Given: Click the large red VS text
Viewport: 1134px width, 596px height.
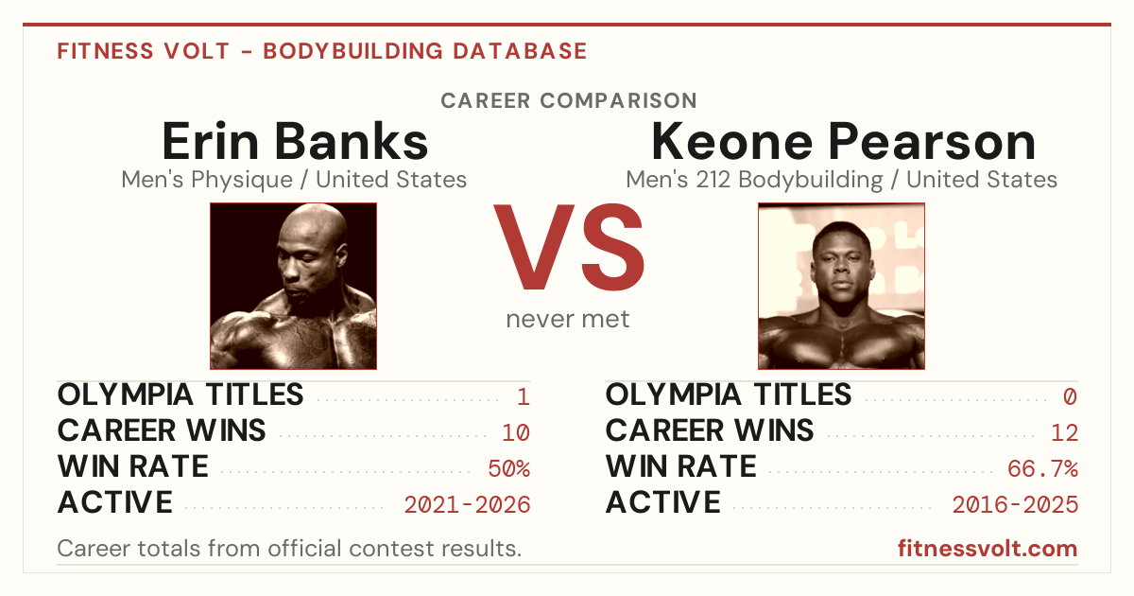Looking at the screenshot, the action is [569, 247].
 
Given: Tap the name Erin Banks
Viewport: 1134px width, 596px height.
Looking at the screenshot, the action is [295, 141].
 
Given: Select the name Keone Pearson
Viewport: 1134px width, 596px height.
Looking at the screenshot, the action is [843, 141].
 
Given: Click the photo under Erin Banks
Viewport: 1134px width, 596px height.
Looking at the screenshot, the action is [294, 286].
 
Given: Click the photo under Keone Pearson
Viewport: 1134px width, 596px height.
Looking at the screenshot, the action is [841, 286].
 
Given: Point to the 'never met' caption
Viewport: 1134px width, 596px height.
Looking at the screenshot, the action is [568, 320].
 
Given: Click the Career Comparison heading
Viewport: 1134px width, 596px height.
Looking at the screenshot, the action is [569, 100].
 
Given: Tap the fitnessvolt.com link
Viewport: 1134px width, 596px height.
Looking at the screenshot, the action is [988, 549].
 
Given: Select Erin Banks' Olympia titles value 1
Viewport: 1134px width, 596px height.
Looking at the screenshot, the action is [524, 396].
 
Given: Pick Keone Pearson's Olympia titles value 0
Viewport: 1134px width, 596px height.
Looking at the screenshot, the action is [1070, 396].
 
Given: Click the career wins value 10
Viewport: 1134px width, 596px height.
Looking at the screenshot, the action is [516, 433].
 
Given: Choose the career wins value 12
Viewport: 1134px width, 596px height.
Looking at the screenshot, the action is [1064, 433].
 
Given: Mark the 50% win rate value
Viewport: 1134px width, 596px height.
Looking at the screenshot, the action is [508, 469].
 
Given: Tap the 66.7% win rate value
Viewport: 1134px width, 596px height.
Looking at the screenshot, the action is [1042, 469].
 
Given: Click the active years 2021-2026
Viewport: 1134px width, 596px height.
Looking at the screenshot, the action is [467, 505].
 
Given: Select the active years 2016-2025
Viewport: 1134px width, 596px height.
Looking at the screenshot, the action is [1015, 505].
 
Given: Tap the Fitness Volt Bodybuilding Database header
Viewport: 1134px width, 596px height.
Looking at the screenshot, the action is [322, 51].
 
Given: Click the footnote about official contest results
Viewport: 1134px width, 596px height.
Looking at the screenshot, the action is [289, 549].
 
